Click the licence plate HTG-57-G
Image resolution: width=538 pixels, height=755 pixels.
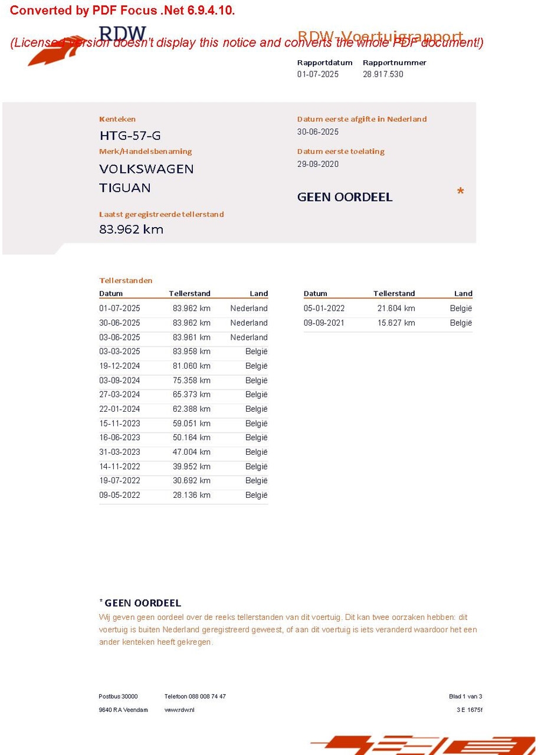coord(130,136)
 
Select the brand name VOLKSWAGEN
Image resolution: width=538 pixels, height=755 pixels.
coord(146,169)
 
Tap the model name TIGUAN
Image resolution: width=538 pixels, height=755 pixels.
coord(124,188)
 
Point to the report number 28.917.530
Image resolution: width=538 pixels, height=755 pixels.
coord(383,74)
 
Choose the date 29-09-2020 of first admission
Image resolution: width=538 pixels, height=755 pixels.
coord(318,164)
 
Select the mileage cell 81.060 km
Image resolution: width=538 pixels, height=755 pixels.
coord(191,366)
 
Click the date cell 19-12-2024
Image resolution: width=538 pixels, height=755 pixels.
coord(120,366)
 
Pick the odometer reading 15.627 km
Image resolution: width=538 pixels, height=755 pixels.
coord(396,323)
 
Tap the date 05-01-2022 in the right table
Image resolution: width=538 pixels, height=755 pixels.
coord(324,308)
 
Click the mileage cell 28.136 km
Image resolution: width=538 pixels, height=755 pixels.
coord(191,495)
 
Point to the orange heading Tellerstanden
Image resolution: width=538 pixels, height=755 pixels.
coord(126,280)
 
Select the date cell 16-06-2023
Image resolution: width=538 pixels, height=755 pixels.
coord(120,438)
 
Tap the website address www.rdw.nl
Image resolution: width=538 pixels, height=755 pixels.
coord(179,710)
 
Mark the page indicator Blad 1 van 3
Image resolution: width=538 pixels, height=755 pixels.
coord(465,697)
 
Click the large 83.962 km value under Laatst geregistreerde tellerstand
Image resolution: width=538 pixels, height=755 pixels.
coord(131,229)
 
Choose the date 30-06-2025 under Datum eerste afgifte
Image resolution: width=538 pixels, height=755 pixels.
coord(318,132)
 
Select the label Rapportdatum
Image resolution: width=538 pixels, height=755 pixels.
coord(324,63)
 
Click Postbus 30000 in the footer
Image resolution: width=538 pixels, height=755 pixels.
coord(118,697)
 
